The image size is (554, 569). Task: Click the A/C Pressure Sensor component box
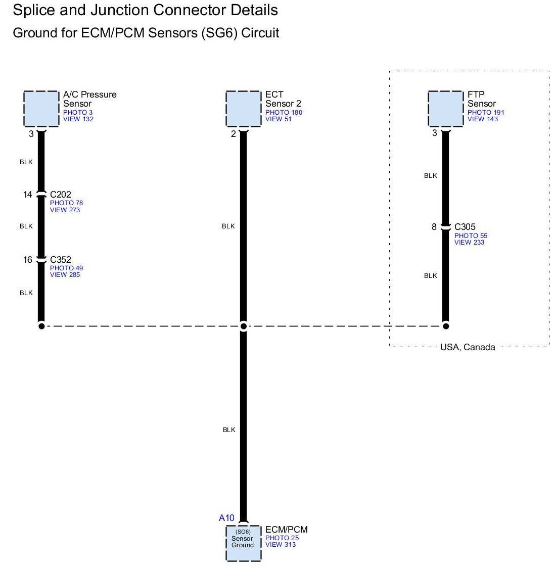point(41,109)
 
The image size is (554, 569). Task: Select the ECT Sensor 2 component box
point(243,109)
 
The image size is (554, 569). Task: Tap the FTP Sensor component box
point(445,109)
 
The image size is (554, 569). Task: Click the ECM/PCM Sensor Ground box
point(243,543)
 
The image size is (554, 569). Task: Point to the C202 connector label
point(60,195)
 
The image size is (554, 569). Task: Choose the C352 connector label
point(60,260)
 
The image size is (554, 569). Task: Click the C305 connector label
point(465,227)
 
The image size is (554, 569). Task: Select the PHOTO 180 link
point(284,112)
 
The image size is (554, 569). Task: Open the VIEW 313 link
point(281,544)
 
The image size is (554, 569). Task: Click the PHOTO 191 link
point(486,112)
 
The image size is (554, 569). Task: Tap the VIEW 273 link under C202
point(65,210)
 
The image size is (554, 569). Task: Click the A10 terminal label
point(226,518)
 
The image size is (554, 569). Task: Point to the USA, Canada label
point(468,347)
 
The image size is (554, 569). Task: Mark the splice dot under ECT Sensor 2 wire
point(243,326)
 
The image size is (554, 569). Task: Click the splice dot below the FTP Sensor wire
point(445,326)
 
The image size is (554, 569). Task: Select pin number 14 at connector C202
point(27,195)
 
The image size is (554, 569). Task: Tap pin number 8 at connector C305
point(434,227)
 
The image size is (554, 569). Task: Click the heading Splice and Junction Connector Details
point(145,10)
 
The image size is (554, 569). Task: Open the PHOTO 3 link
point(78,112)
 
